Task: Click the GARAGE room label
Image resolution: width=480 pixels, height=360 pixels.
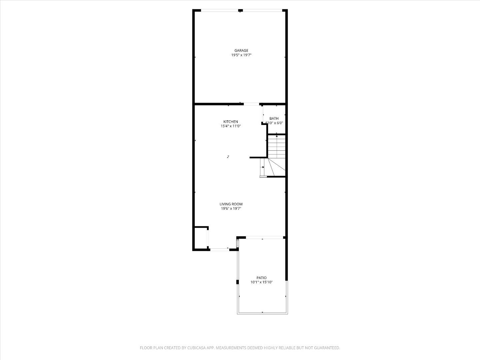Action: click(x=241, y=51)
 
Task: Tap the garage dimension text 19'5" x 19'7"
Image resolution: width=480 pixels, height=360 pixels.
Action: click(x=241, y=55)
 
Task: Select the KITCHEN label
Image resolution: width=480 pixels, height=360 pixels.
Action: click(x=231, y=122)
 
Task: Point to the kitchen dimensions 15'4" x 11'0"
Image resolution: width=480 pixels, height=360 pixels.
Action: click(x=231, y=126)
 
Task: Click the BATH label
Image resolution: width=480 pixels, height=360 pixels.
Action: click(x=274, y=118)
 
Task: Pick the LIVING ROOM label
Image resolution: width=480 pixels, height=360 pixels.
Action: click(x=231, y=204)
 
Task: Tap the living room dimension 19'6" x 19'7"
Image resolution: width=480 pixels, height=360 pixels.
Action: click(x=231, y=209)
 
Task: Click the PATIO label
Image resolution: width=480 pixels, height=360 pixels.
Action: click(x=261, y=278)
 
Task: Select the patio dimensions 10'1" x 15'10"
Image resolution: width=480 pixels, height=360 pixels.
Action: click(x=261, y=282)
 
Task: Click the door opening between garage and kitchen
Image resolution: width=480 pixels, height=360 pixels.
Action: click(x=251, y=104)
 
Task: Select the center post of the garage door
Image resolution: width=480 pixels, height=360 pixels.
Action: click(x=240, y=11)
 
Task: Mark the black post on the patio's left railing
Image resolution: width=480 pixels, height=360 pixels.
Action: click(x=238, y=282)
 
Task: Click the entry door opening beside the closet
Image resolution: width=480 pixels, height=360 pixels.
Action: click(x=219, y=249)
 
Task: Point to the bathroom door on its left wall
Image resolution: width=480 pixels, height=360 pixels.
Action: click(x=263, y=114)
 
